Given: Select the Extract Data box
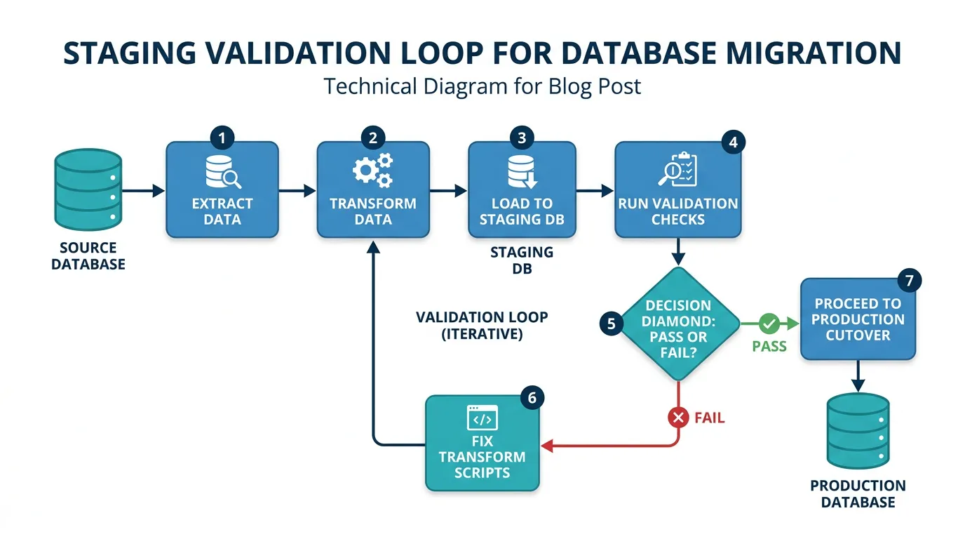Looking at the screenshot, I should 222,190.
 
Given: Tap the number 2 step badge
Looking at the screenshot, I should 373,138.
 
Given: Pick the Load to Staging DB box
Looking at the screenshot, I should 522,190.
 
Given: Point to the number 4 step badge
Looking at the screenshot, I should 733,142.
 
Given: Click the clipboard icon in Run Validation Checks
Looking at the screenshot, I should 677,170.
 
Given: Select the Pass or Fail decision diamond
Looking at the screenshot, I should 677,324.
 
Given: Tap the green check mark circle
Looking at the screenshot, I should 769,324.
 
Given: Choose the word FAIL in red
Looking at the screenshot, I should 709,418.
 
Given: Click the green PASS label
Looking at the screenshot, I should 769,347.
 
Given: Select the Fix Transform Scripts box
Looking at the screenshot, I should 482,443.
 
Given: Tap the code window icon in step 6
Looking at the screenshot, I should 482,418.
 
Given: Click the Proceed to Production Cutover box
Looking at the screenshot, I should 858,319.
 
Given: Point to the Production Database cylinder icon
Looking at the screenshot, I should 858,431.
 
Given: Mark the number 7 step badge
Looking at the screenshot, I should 909,281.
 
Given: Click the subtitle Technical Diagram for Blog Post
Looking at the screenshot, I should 482,86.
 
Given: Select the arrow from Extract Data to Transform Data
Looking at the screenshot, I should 298,190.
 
